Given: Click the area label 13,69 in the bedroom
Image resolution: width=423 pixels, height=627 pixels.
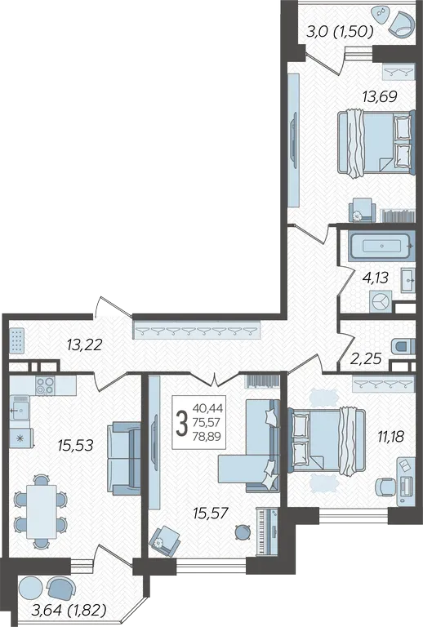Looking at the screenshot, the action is [x=380, y=96].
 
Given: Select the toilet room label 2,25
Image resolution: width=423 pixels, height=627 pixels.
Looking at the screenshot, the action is [x=366, y=358].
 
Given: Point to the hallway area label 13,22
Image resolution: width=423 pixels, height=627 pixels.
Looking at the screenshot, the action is [x=85, y=345].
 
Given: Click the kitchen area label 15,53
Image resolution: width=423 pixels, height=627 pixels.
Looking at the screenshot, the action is [x=75, y=445].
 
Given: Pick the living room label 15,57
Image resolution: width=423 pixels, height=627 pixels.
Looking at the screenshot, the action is [x=211, y=513].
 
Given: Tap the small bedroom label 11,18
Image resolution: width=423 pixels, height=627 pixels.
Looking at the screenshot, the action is [x=390, y=436].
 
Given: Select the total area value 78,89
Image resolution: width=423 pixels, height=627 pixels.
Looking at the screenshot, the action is [x=207, y=436].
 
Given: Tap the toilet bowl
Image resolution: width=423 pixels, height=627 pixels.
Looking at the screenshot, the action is [x=401, y=346].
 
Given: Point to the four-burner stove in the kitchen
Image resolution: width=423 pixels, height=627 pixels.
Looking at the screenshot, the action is [x=45, y=385].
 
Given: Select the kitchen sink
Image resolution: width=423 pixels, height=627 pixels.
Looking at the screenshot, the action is [x=19, y=407].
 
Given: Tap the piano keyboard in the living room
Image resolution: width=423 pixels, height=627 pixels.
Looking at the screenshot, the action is [x=267, y=531].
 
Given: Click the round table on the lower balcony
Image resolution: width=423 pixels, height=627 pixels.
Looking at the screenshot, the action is [x=31, y=588].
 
